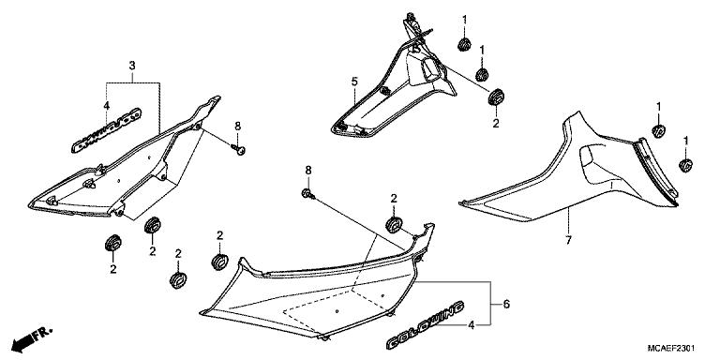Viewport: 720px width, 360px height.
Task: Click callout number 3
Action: tap(132, 65)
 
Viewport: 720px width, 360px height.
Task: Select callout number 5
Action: tap(354, 82)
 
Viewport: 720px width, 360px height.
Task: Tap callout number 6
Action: tap(505, 305)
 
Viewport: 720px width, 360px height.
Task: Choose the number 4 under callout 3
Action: tap(106, 105)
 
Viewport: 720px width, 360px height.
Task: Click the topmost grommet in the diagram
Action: tap(463, 45)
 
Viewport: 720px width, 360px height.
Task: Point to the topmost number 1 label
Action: tap(463, 20)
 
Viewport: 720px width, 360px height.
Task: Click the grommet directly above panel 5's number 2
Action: tap(496, 97)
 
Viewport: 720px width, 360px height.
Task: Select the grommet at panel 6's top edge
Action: tap(394, 223)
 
